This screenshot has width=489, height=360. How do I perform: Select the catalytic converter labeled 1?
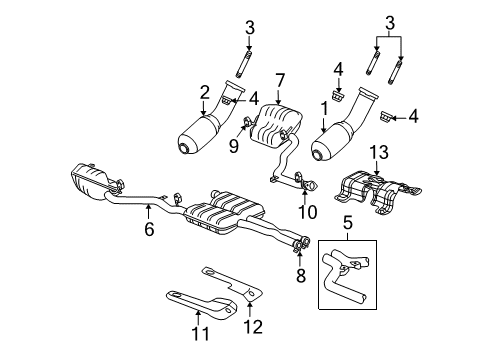click(340, 138)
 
